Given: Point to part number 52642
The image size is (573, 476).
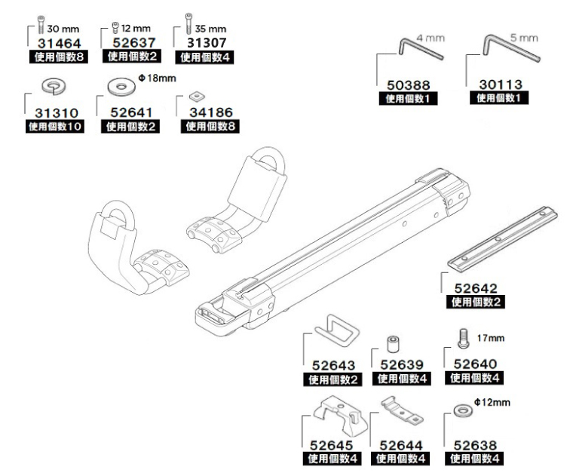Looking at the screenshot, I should tap(473, 288).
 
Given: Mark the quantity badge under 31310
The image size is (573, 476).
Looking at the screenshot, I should tap(55, 127).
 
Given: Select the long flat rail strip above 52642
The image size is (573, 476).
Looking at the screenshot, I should tap(502, 239).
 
